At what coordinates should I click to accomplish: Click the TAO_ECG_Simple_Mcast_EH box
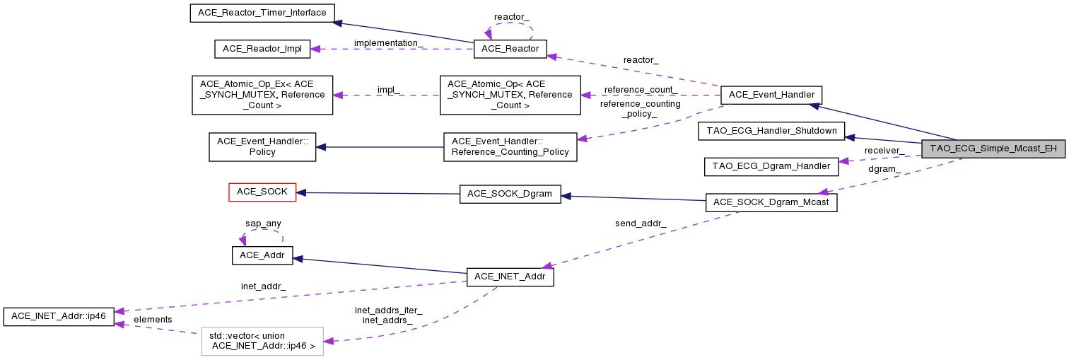coord(993,149)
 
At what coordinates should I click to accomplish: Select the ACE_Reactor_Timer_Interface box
coord(262,13)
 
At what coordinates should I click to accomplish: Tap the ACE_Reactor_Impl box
coord(262,49)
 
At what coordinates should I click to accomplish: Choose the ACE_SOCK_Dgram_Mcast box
coord(771,202)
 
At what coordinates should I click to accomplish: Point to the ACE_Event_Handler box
coord(771,95)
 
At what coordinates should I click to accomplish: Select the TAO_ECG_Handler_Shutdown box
coord(771,131)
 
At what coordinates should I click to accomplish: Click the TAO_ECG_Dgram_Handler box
coord(771,167)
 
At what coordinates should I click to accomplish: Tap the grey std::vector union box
coord(262,341)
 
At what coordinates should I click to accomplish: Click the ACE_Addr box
coord(262,255)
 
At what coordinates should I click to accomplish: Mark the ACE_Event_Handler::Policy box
coord(262,146)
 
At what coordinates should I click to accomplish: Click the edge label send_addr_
coord(641,224)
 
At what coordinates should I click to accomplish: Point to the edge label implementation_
coord(389,42)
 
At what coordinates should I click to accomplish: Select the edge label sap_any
coord(263,223)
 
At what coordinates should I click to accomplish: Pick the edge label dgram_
coord(884,169)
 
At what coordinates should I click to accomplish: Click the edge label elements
coord(153,320)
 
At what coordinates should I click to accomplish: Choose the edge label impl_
coord(388,90)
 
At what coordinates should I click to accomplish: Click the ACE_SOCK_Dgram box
coord(510,194)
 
